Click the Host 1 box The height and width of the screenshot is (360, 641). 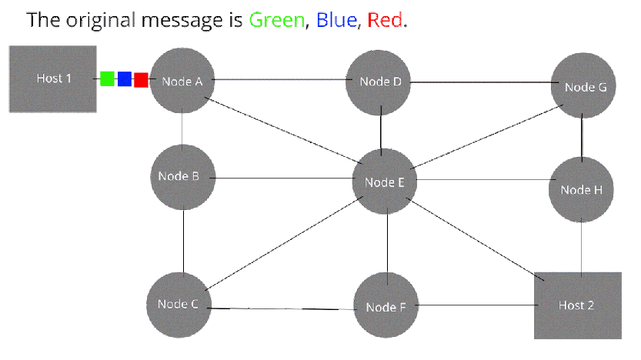[53, 79]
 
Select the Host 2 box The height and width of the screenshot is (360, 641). [578, 305]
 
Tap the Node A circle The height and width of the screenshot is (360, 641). [182, 81]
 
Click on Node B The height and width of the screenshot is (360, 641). [182, 178]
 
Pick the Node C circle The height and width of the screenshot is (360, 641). [179, 305]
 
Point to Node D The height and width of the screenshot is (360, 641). [378, 82]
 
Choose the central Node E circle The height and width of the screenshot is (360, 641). [385, 182]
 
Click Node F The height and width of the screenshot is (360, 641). [386, 305]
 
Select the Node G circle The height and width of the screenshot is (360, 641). [583, 85]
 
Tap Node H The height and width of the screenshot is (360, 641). [581, 189]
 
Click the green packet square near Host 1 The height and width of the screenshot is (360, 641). [107, 79]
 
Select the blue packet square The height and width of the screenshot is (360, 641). [125, 79]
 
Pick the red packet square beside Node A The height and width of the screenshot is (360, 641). [141, 80]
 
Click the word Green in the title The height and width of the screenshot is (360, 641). [277, 20]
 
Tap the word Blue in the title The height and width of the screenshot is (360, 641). [336, 20]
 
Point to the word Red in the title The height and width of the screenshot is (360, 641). [385, 20]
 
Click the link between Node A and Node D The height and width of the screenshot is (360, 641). [280, 80]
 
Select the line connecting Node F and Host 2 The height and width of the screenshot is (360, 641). [476, 305]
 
